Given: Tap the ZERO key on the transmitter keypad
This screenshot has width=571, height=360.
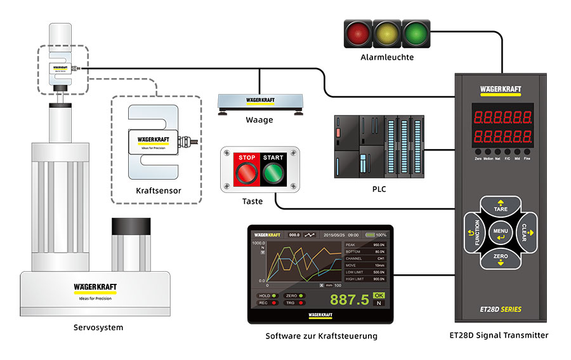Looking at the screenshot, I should pos(500,257).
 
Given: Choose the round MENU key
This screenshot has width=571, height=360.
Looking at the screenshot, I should pos(500,232).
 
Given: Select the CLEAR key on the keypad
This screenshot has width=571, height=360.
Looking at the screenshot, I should pos(526,232).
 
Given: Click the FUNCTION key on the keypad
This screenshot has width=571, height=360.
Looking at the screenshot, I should pos(475,232).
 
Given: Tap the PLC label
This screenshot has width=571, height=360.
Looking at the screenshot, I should pos(379,189).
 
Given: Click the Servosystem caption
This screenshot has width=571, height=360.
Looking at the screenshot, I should pos(98,328).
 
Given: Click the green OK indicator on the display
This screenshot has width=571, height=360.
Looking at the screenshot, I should pos(379,295).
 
